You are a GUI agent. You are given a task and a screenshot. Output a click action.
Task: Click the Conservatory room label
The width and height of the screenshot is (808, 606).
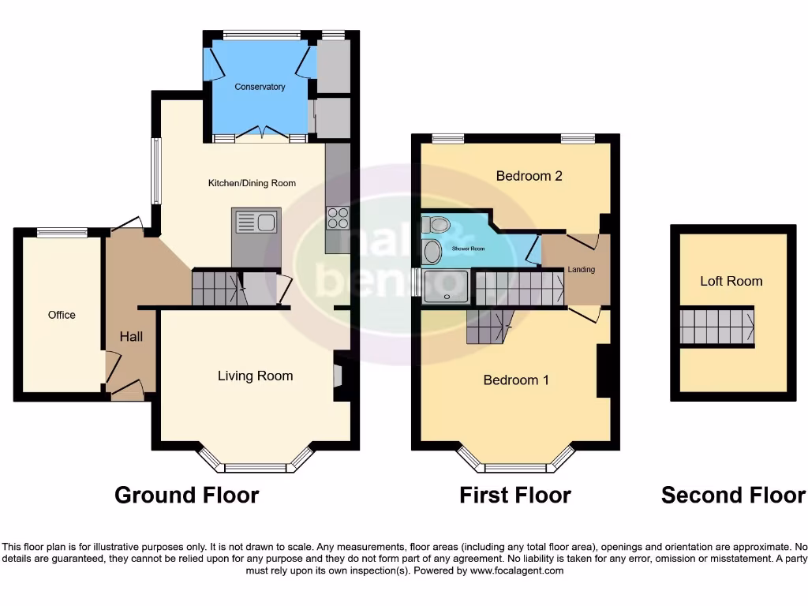[260, 87]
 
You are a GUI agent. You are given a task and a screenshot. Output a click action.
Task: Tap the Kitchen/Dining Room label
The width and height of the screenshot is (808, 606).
[252, 183]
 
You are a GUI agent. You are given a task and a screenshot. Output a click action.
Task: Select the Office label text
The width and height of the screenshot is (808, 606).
[62, 315]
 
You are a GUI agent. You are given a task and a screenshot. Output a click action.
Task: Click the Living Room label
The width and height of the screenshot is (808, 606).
[255, 376]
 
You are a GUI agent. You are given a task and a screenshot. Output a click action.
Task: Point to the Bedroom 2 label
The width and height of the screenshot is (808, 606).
[529, 176]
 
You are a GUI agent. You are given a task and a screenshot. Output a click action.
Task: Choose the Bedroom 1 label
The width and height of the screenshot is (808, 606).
[516, 380]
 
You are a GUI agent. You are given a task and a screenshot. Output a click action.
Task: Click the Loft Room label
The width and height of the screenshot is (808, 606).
[731, 281]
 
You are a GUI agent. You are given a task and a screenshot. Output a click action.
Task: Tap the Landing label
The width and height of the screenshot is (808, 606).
[581, 270]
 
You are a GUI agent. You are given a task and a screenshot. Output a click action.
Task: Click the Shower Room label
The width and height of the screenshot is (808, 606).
[468, 249]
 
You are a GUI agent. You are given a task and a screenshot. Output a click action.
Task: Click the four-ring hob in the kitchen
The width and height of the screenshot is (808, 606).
[339, 217]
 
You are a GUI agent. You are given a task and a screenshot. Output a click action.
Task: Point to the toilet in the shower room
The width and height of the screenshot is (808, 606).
[435, 226]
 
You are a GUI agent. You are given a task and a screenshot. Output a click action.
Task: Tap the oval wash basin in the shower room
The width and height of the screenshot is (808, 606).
[433, 252]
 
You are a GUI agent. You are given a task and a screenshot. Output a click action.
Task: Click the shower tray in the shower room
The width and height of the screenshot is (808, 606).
[447, 286]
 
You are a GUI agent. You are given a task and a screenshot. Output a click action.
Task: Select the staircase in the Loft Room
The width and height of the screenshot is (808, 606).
[716, 327]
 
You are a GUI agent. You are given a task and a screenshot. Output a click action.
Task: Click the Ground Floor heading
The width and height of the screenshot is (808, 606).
[186, 496]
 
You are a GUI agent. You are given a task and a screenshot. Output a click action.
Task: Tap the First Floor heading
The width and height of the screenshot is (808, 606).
[515, 496]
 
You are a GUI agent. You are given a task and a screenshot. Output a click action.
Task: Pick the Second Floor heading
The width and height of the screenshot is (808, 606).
[733, 496]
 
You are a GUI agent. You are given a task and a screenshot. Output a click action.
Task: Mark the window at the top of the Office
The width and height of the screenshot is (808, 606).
[62, 232]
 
